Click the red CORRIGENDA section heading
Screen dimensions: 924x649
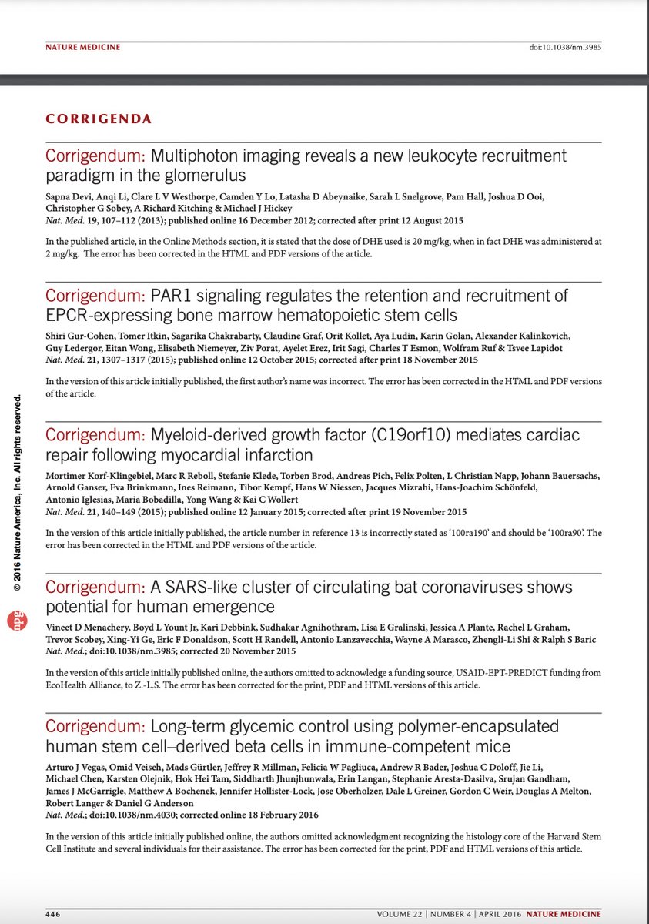click(x=99, y=119)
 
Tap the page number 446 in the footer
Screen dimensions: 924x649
click(x=53, y=914)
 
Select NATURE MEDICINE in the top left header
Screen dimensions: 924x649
click(x=83, y=48)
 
